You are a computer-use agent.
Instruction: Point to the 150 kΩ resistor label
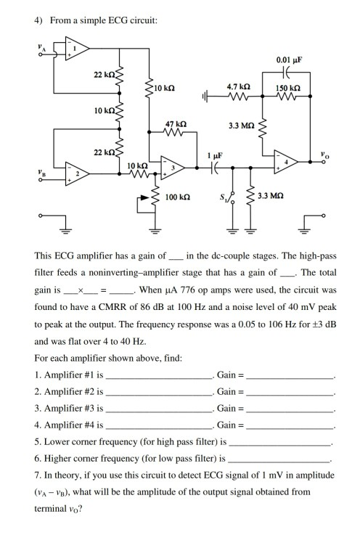[290, 87]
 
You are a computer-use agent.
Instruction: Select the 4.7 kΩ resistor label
[239, 86]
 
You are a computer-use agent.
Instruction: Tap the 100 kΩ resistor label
[177, 197]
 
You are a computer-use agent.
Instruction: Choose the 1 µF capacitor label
[215, 156]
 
